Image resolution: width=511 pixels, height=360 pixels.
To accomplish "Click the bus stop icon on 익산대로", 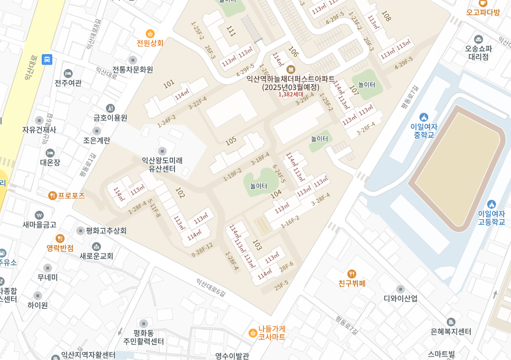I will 47,60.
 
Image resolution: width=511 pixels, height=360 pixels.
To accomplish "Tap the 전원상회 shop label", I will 150,43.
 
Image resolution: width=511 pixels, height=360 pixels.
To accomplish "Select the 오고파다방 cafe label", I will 483,12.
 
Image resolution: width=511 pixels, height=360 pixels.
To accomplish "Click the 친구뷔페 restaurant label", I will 352,283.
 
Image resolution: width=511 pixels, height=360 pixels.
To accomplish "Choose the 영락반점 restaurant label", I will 60,248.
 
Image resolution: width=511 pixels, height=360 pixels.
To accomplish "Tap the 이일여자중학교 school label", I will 424,130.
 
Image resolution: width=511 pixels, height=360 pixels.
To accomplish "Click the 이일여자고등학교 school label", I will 491,217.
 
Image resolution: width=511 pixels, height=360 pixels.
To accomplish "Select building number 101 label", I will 169,84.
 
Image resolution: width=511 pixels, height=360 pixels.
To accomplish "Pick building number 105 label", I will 231,141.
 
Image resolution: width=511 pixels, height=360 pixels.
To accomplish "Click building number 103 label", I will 256,245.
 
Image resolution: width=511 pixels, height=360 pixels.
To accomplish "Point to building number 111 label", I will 231,31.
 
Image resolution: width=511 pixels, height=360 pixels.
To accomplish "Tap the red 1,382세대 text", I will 290,94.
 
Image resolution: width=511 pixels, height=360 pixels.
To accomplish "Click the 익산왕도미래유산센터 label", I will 162,165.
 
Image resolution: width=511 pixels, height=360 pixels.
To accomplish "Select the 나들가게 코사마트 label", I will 271,333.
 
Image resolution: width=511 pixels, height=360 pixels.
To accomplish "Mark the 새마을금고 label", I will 39,224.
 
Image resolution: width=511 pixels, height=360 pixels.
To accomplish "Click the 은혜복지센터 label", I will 451,331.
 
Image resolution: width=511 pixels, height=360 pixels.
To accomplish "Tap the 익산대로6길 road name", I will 210,288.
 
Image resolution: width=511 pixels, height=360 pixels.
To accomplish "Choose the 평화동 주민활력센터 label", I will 144,337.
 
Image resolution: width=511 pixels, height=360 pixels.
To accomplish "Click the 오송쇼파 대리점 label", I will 478,52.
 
